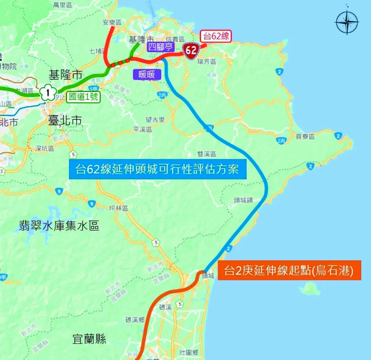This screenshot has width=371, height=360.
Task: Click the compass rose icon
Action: tap(347, 22)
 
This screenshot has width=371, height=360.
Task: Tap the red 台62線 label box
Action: tap(216, 36)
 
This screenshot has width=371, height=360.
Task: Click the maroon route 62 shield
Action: tap(191, 50)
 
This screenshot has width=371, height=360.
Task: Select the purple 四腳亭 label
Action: tap(160, 47)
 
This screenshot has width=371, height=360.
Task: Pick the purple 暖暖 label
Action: tap(147, 74)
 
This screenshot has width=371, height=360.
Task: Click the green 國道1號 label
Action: tap(83, 97)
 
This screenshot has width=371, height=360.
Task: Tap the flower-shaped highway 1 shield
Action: tap(48, 92)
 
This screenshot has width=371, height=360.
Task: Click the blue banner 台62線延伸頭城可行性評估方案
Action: tap(157, 169)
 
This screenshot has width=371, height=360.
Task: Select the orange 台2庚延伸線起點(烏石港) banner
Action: tap(289, 270)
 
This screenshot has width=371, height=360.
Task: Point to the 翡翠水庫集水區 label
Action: tap(59, 225)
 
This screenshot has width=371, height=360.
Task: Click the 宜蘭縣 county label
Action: tap(89, 339)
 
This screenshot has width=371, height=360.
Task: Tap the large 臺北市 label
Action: tap(65, 120)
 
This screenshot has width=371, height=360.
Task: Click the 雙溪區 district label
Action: tap(207, 154)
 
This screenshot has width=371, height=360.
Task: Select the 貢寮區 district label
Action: tap(305, 137)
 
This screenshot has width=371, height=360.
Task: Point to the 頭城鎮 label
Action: tap(243, 200)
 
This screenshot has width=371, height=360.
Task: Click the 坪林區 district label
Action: tap(118, 208)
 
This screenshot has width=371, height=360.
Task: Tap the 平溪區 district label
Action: tap(143, 129)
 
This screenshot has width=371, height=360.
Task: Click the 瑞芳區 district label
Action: tap(207, 62)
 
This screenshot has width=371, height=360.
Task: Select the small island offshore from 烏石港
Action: tap(310, 289)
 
